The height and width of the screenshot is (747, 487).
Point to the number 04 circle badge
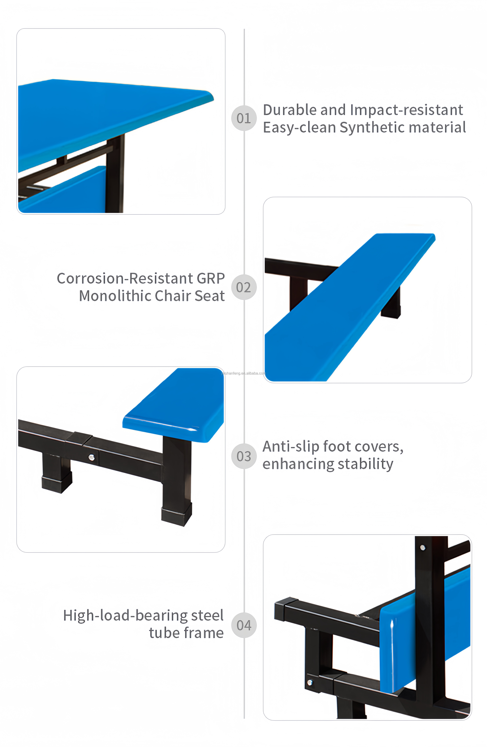(x=244, y=625)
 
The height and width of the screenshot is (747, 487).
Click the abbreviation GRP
(x=211, y=278)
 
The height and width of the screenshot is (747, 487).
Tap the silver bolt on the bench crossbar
(x=91, y=458)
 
